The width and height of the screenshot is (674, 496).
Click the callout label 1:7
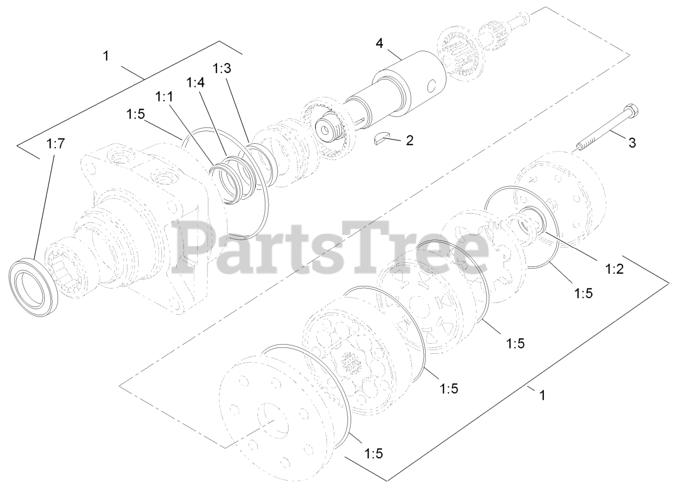click(x=55, y=144)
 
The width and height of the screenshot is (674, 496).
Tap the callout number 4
click(x=379, y=43)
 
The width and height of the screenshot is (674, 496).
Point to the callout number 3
click(x=632, y=142)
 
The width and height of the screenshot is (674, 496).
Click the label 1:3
click(x=222, y=68)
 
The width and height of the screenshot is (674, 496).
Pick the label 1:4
click(x=195, y=83)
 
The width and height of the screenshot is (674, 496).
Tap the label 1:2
click(x=614, y=269)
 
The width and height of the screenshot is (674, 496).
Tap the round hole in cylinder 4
click(x=432, y=84)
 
